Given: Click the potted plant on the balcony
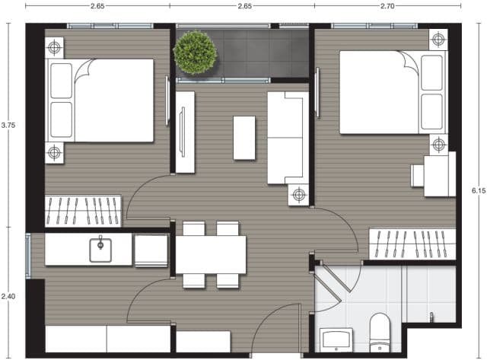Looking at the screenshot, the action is tap(195, 52).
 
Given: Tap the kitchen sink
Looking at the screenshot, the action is tap(100, 250).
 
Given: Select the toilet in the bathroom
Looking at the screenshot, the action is tap(380, 333).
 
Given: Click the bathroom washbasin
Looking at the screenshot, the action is tap(336, 339).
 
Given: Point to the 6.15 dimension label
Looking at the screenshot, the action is tap(479, 191).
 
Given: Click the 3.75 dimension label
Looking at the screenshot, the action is tap(8, 126).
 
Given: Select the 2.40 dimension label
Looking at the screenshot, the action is tap(8, 296).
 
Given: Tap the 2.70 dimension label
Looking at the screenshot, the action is tap(387, 6).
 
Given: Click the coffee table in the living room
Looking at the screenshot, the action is tap(244, 138).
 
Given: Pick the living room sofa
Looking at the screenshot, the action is tap(288, 138).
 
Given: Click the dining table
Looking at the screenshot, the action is tap(211, 255).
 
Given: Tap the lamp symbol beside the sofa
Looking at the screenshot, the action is tap(298, 194).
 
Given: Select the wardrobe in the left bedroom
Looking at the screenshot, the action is tap(83, 212).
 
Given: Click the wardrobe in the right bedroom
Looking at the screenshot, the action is tap(412, 244).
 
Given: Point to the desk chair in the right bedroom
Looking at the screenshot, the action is tap(418, 176).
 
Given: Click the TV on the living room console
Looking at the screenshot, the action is tap(183, 132).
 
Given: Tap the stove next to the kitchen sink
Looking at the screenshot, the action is tap(151, 250).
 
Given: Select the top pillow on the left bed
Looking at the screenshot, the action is tap(61, 81).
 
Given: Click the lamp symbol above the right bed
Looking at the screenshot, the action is tap(438, 40).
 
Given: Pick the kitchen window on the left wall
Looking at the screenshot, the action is tap(28, 256).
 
